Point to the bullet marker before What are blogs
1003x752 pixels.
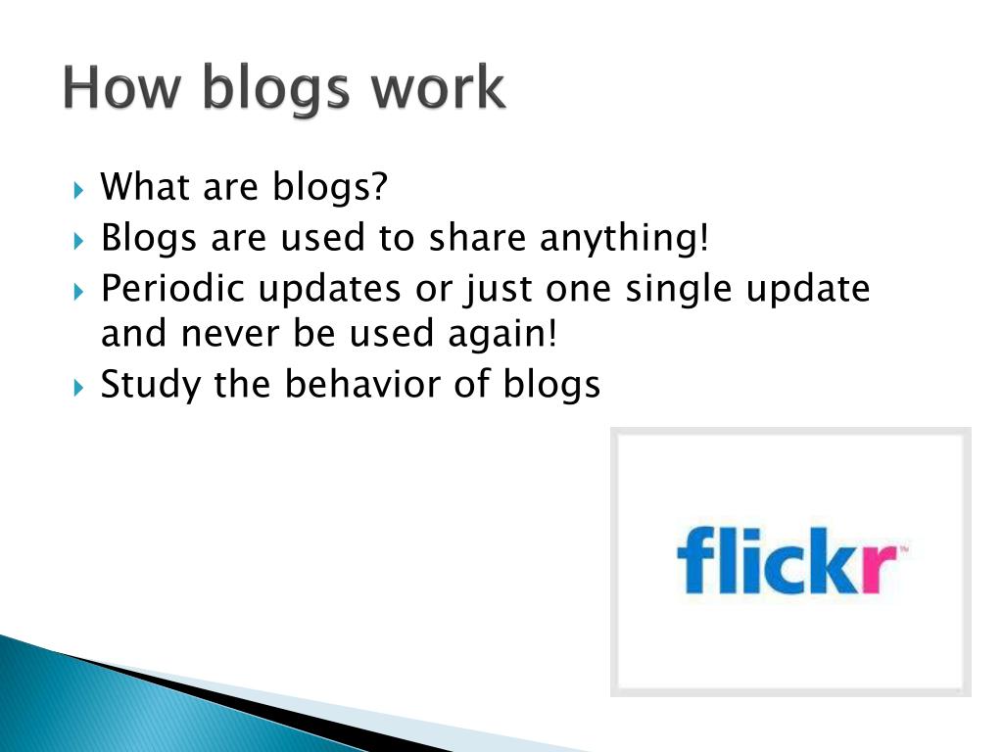pyautogui.click(x=79, y=188)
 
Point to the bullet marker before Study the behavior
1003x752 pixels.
pyautogui.click(x=79, y=387)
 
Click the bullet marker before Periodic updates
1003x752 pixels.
pyautogui.click(x=79, y=292)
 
